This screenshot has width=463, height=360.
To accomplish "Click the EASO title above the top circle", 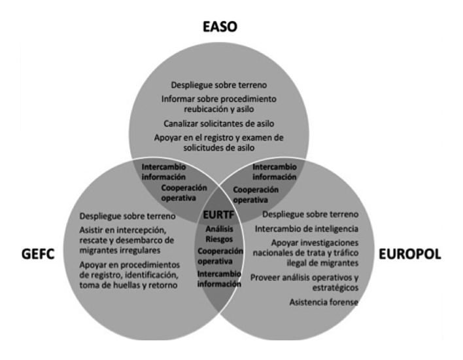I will click(x=219, y=27).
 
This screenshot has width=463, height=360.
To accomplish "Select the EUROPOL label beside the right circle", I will click(x=411, y=253).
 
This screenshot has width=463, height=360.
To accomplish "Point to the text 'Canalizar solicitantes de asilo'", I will click(x=219, y=124).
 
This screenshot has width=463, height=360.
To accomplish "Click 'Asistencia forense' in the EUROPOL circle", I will click(x=324, y=302).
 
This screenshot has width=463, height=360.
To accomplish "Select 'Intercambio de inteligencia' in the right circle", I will click(x=306, y=228).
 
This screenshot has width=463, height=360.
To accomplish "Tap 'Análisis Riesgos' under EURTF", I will click(x=219, y=234).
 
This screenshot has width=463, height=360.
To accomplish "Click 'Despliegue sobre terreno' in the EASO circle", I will click(x=219, y=85).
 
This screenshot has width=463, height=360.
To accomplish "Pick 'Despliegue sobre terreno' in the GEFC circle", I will click(x=128, y=217).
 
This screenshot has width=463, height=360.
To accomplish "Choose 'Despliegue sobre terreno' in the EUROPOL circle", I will click(x=310, y=215).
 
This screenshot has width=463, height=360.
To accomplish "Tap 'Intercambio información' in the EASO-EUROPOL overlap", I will click(x=274, y=171).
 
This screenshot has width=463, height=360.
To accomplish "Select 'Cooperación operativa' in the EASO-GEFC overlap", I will click(x=183, y=192).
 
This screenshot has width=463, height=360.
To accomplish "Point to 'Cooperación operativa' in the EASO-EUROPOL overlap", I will click(x=255, y=194).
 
